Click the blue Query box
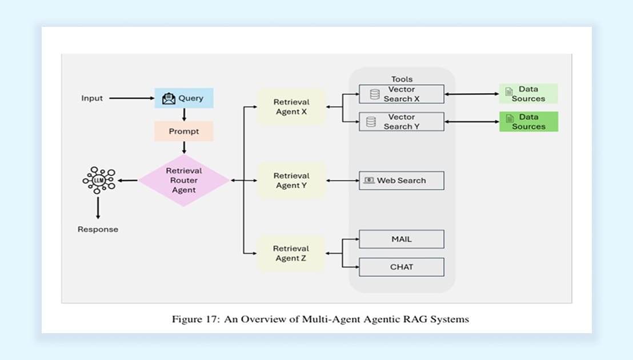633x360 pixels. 184,98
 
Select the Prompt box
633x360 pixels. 184,131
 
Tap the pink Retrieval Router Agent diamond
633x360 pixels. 184,181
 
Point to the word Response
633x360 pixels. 98,229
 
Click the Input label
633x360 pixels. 92,98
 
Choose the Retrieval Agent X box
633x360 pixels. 291,107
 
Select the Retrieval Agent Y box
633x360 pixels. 291,181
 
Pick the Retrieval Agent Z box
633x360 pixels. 291,253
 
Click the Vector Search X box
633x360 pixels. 401,94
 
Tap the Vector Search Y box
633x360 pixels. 401,122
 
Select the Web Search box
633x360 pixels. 401,181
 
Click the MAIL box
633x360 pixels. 401,239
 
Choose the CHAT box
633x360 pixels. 401,267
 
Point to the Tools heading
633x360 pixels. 402,79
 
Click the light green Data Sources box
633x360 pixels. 528,94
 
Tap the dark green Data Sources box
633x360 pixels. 528,122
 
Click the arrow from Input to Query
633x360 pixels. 131,98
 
